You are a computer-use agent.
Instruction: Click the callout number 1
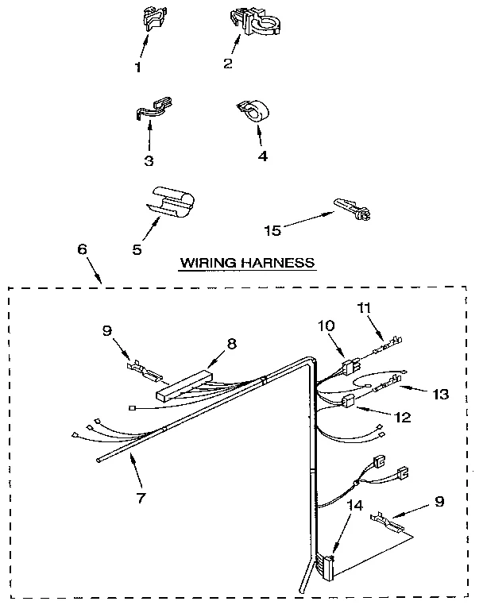pos(138,67)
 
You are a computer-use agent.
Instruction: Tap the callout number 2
pos(227,64)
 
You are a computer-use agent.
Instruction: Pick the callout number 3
pos(149,160)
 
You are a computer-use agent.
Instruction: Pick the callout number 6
pos(83,249)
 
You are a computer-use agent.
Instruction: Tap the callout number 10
pos(327,326)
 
